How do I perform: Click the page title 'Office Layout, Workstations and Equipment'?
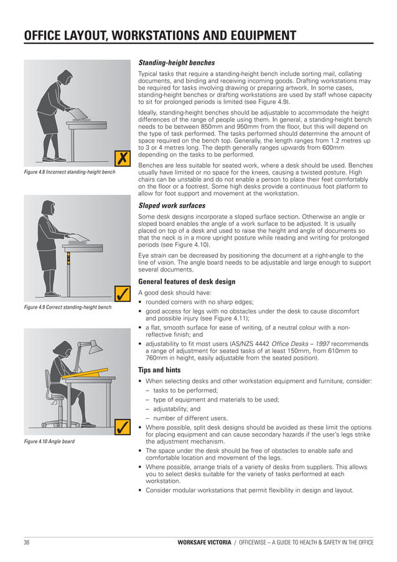(159, 35)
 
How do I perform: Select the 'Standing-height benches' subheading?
(176, 63)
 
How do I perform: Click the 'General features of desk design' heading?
(187, 281)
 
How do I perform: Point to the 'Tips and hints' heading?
(159, 370)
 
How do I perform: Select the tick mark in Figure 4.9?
(123, 293)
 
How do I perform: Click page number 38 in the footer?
(27, 543)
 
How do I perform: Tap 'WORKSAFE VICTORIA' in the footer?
(203, 543)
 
